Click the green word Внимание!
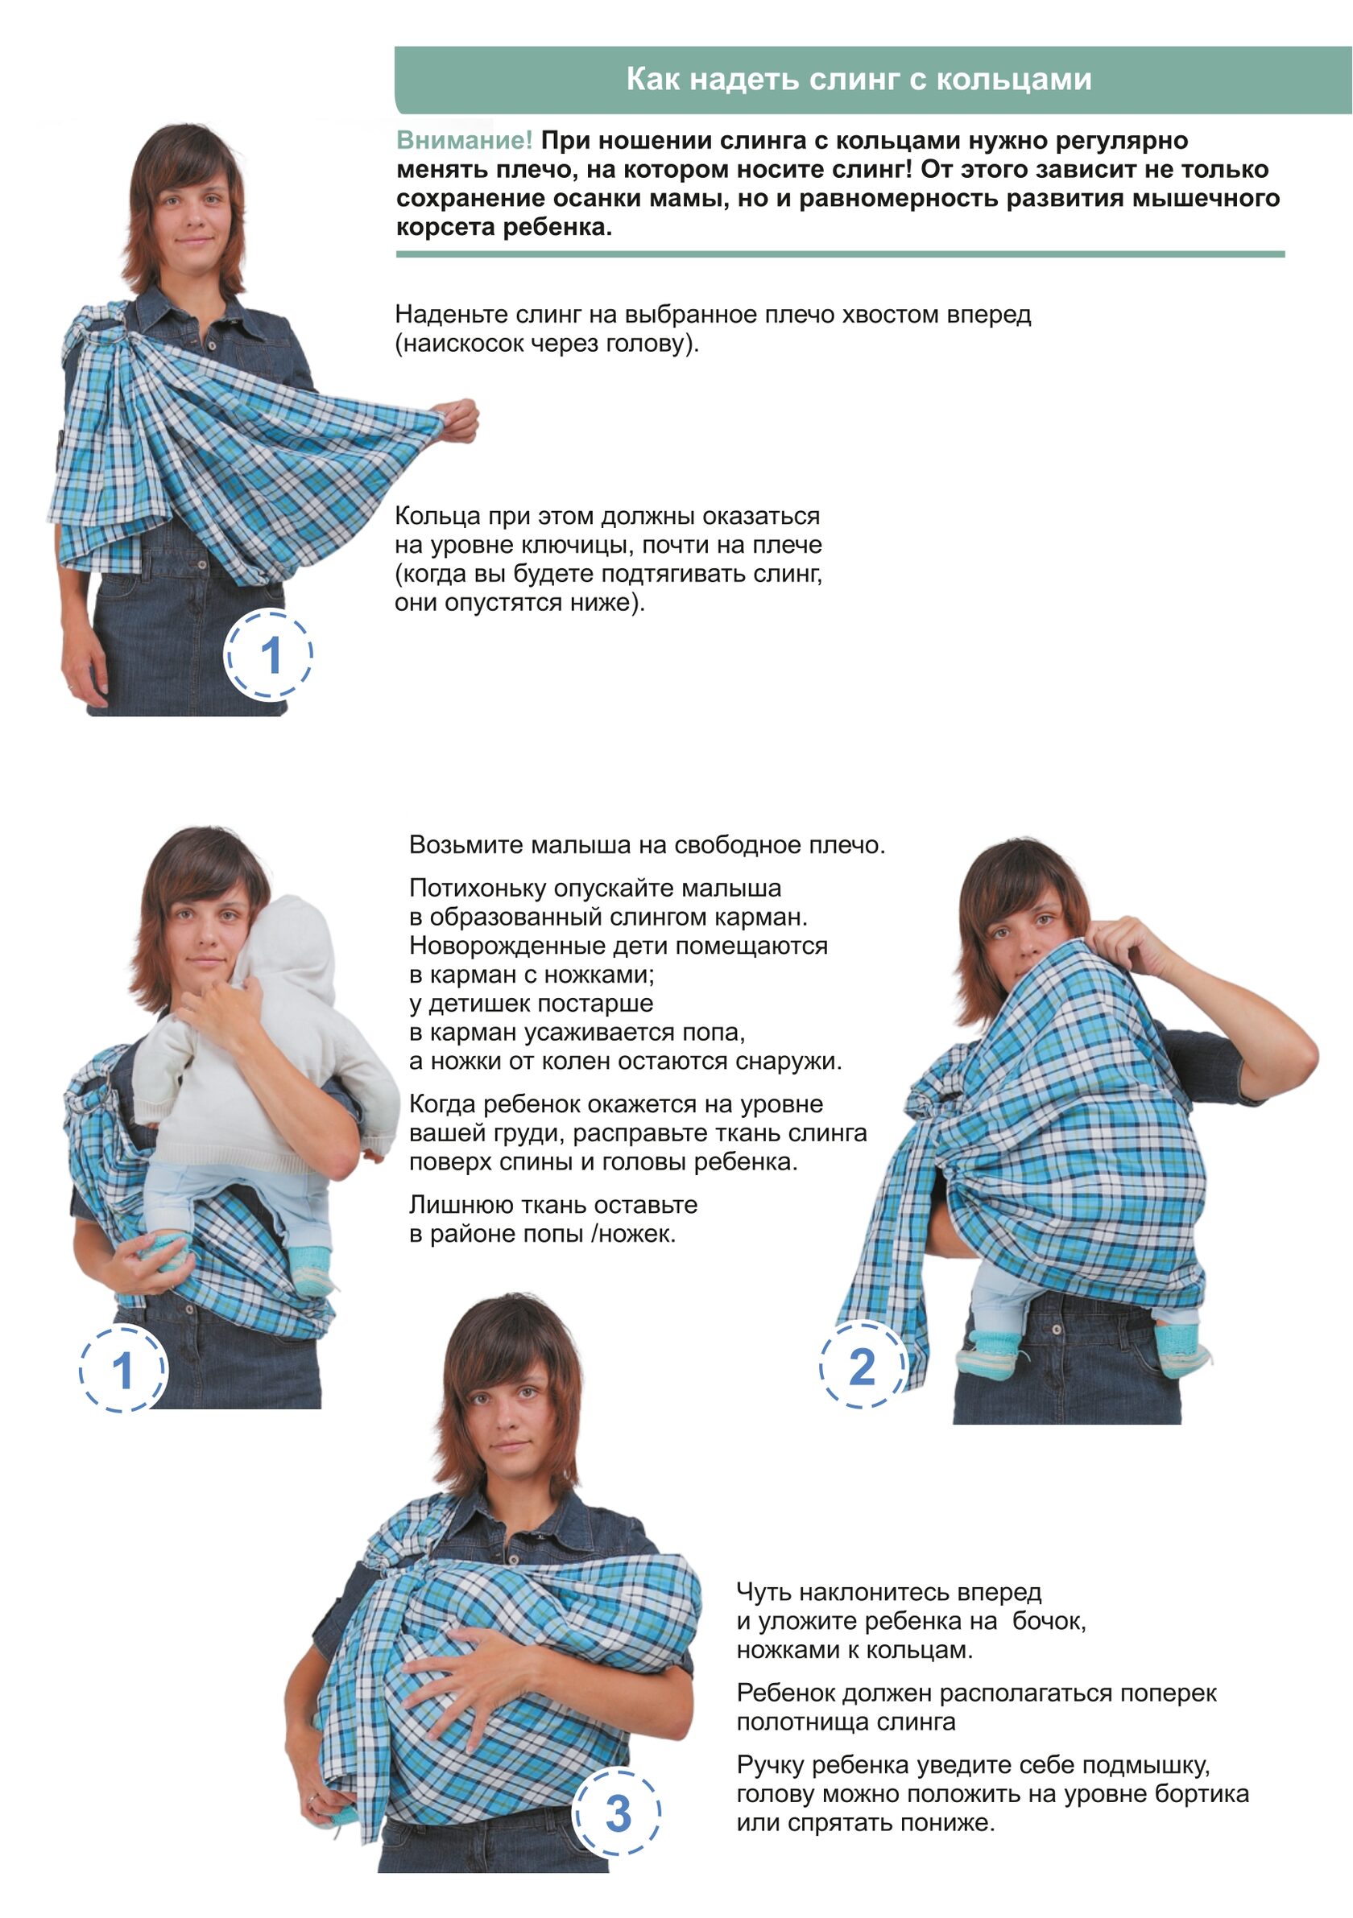(x=464, y=140)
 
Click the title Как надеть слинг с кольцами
(x=859, y=80)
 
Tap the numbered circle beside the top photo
(x=268, y=654)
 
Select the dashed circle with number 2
(x=863, y=1365)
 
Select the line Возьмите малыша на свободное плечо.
(x=647, y=844)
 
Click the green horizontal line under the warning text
(x=840, y=254)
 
